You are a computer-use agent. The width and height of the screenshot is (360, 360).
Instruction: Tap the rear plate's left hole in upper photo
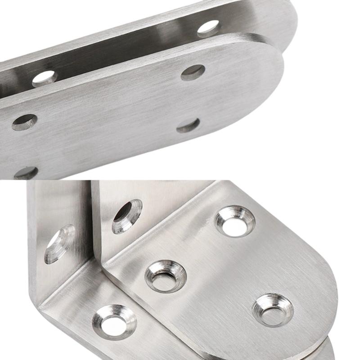[45, 78]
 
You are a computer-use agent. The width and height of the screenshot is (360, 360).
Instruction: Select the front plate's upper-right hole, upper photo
[193, 72]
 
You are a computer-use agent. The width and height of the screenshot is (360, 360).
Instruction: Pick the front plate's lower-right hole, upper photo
[188, 125]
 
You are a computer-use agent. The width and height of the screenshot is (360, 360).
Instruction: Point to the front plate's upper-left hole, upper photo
[24, 122]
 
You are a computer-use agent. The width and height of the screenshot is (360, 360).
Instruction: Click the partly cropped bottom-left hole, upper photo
[26, 172]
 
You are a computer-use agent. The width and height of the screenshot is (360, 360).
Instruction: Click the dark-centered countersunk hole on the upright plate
[126, 216]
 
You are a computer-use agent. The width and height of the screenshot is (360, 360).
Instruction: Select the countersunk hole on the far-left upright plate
[59, 243]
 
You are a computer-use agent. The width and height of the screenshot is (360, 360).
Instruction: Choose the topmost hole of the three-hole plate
[234, 221]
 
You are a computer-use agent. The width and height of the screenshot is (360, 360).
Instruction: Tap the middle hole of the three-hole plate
[165, 276]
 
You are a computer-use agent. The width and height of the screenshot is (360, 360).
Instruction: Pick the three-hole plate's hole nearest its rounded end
[273, 310]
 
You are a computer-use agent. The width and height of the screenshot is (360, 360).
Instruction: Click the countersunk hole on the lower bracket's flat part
[114, 322]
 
